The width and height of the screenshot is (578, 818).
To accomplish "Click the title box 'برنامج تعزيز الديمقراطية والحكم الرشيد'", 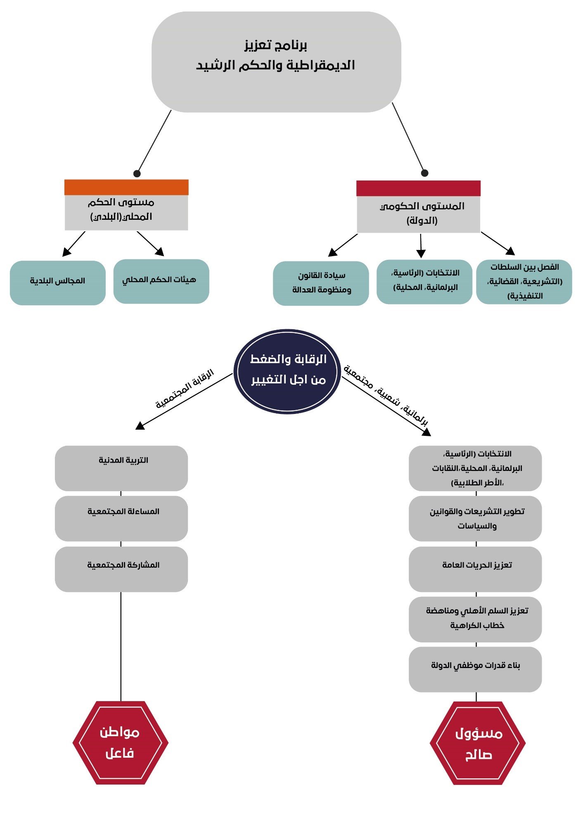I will tap(276, 62).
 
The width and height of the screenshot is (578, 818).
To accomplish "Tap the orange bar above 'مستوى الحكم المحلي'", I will tap(126, 187).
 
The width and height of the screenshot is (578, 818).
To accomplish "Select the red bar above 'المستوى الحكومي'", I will tap(418, 188).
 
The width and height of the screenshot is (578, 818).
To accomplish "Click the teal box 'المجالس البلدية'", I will tap(58, 283).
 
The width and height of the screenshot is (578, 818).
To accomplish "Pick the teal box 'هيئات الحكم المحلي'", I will tap(161, 281).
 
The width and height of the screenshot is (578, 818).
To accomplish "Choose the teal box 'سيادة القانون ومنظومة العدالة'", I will tap(321, 283).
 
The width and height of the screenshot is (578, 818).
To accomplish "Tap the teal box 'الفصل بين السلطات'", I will tap(524, 282).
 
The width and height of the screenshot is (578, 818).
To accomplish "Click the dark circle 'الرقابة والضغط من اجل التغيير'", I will tap(287, 371).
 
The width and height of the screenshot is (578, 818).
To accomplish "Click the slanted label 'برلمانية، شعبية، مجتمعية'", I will tap(386, 395).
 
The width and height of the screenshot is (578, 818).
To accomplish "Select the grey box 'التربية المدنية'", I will tap(121, 468).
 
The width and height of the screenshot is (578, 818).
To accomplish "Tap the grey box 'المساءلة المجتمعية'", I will tap(121, 518).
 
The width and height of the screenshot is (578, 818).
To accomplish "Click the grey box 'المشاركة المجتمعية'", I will tap(121, 569).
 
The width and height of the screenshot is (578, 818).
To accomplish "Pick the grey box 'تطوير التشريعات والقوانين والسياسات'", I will tap(475, 518).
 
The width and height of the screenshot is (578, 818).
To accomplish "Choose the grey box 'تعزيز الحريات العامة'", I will tap(475, 569).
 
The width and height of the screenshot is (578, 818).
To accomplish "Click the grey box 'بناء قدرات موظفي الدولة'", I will tap(475, 669).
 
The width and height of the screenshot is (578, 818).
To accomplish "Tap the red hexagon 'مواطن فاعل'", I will tap(120, 742).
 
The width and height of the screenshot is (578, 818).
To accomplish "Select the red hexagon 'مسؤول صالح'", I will tap(478, 743).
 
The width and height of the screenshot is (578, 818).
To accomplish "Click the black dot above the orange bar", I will tap(137, 174).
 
